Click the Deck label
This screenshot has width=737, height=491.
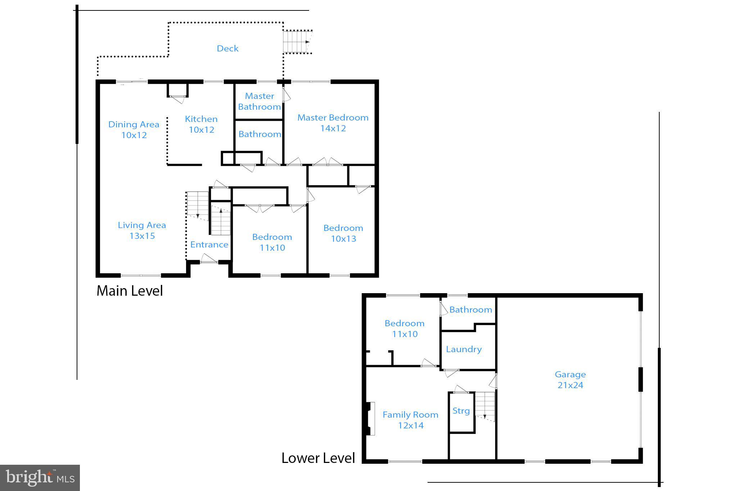point(227,49)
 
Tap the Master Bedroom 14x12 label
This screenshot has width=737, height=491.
point(333,123)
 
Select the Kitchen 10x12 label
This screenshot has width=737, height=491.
point(201,124)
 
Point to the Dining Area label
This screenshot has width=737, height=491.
point(134,124)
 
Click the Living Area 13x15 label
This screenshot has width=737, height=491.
point(142,231)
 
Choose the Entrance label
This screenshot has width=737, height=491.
point(209,245)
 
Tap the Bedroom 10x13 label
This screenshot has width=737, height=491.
point(343,233)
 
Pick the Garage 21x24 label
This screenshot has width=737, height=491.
point(570,380)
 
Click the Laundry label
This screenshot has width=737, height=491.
point(464,349)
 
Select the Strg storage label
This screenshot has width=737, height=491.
point(461,411)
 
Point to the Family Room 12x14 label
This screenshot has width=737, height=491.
point(411,420)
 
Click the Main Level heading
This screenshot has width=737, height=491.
point(130,291)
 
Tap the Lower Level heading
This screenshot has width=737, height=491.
point(318,458)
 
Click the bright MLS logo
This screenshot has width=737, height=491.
point(40,478)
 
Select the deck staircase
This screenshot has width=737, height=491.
point(297,42)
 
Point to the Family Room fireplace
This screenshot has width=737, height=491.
point(370,418)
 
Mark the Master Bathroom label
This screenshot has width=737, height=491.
point(259,101)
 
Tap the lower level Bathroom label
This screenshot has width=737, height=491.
point(471,310)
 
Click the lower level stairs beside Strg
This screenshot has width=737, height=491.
point(485,406)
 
